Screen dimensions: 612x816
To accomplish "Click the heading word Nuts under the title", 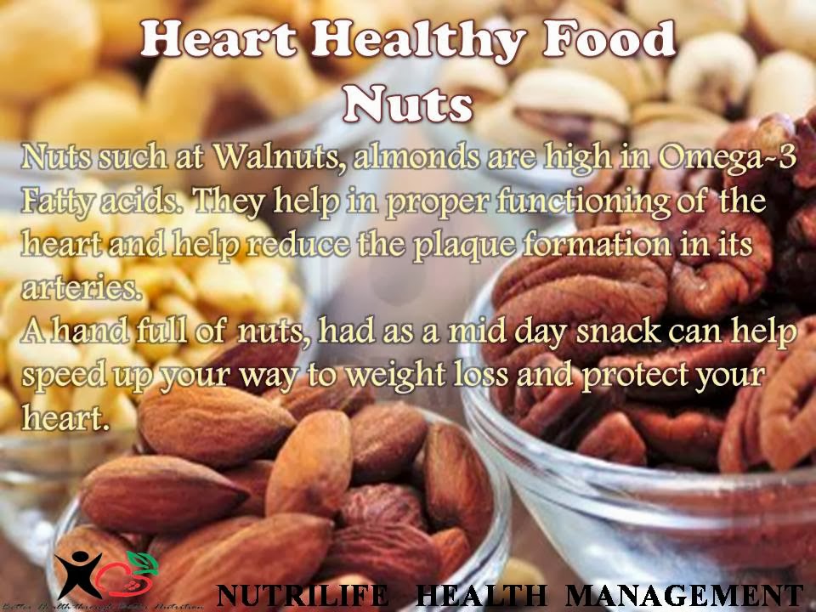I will pyautogui.click(x=408, y=104).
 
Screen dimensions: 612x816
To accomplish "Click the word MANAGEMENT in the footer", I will pyautogui.click(x=683, y=595).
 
